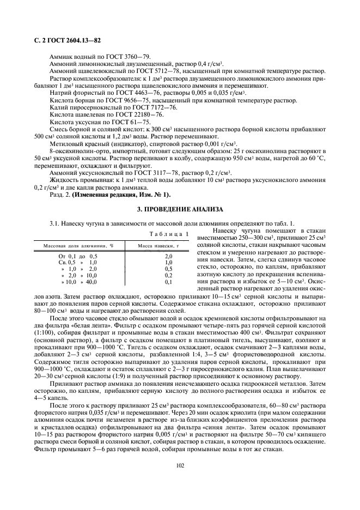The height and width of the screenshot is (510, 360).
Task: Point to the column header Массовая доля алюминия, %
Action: tap(78, 246)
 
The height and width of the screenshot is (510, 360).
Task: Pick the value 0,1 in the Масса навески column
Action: tap(169, 282)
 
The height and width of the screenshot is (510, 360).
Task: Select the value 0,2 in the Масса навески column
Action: tap(169, 275)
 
